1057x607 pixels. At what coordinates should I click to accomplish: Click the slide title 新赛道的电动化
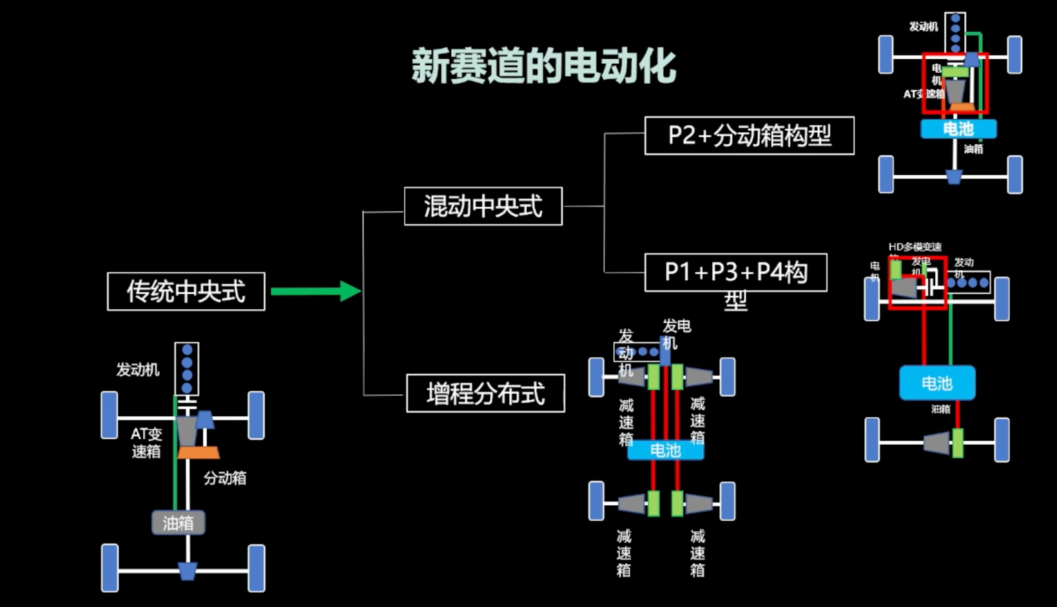point(543,66)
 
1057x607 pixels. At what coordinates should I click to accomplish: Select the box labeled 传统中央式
point(186,292)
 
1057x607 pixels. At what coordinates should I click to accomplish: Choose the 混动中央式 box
point(483,206)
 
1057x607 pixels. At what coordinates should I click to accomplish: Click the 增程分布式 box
point(485,393)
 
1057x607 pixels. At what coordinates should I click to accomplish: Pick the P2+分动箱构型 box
point(749,135)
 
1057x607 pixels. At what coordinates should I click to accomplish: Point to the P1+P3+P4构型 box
point(735,273)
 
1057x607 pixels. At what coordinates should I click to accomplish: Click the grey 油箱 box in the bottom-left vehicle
point(179,523)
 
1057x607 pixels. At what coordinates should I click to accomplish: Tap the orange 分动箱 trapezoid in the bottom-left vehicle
point(199,452)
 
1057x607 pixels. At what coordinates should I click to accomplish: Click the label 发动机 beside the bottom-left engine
point(137,370)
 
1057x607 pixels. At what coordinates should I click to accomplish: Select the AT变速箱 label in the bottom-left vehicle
point(146,443)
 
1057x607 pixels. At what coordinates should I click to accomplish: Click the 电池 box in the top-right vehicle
point(958,129)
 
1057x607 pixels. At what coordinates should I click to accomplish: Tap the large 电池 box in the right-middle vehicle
point(936,383)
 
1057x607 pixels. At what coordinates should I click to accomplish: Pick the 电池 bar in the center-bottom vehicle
point(665,450)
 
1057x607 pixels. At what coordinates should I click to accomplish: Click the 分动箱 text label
point(225,478)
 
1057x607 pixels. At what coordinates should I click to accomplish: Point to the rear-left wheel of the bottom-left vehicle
point(110,568)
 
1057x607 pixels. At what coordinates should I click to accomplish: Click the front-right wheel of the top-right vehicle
point(1014,55)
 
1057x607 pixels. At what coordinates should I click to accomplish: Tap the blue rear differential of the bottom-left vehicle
point(188,571)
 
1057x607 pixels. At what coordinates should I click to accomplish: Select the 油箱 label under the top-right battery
point(973,149)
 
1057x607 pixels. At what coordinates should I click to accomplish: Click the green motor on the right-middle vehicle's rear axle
point(957,443)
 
